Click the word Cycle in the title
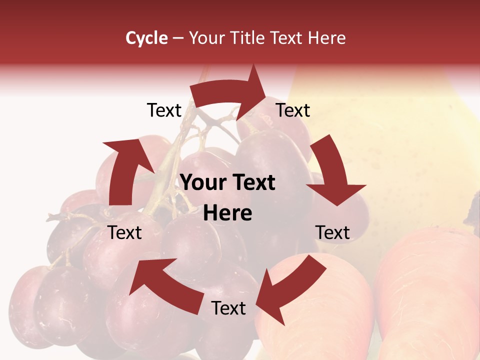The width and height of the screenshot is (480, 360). pyautogui.click(x=146, y=38)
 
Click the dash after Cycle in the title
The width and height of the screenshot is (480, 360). pyautogui.click(x=178, y=38)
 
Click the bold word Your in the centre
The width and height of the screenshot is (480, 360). pyautogui.click(x=201, y=183)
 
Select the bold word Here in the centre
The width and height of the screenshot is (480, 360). pyautogui.click(x=227, y=213)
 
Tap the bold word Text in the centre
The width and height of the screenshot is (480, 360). pyautogui.click(x=252, y=183)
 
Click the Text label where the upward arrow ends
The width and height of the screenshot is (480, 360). pyautogui.click(x=164, y=110)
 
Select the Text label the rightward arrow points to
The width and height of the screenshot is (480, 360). pyautogui.click(x=293, y=110)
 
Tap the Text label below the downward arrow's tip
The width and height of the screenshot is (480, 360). pyautogui.click(x=332, y=232)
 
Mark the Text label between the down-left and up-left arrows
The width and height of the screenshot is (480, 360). pyautogui.click(x=228, y=308)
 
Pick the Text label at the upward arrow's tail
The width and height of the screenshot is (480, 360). pyautogui.click(x=125, y=232)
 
